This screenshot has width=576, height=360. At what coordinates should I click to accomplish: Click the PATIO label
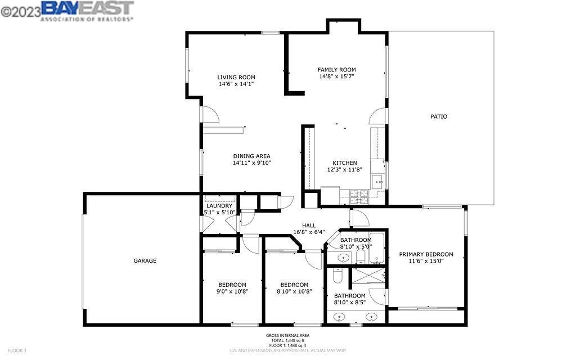pos(439,116)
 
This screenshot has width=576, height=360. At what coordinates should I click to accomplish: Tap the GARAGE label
pos(145,260)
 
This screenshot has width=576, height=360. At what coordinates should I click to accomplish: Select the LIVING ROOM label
pos(236,77)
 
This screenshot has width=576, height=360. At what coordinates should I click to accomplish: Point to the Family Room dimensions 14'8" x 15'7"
pos(336,76)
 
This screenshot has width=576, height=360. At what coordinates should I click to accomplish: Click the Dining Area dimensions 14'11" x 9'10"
pos(251,163)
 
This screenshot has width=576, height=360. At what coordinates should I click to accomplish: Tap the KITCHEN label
pos(345,163)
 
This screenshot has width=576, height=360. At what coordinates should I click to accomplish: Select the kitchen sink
pos(377,182)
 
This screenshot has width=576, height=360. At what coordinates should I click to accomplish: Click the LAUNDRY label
pos(219,206)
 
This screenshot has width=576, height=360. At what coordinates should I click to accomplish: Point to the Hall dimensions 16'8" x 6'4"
pos(309,232)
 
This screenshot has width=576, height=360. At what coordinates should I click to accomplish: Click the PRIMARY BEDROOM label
pos(426,254)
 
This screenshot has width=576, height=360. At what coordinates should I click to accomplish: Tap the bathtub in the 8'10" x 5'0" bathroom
pos(376,248)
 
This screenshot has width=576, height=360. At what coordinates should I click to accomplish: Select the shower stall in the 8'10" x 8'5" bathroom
pos(369,275)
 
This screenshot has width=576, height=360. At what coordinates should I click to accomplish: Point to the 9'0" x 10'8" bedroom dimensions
pos(232,292)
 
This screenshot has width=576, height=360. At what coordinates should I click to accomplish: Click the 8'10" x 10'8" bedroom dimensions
pos(294,292)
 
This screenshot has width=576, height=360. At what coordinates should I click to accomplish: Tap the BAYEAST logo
pos(87,11)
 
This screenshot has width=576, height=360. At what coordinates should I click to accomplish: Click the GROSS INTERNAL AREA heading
pos(287,335)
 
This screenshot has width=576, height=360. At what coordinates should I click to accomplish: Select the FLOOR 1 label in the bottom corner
pos(17,351)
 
